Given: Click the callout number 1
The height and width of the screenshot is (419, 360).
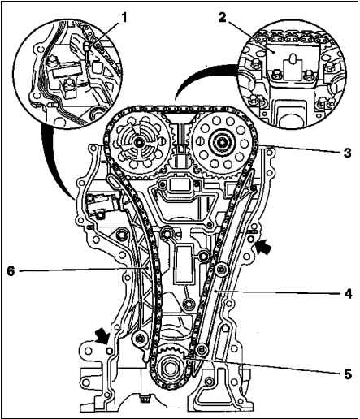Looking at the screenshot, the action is [124, 18].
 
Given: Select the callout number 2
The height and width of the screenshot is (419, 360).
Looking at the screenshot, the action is [222, 18].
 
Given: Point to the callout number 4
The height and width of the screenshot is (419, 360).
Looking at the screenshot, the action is [348, 293].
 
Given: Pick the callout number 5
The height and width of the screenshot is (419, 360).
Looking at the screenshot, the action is [348, 374].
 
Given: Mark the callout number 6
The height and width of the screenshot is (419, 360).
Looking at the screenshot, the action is [11, 271].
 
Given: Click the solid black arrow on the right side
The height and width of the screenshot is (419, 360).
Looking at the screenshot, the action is [263, 247].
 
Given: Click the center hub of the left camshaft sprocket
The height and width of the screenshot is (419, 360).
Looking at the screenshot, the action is [139, 141].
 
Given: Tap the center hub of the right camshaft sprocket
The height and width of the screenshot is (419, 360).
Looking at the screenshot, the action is [221, 141].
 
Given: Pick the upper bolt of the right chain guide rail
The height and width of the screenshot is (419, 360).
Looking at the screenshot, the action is [222, 270].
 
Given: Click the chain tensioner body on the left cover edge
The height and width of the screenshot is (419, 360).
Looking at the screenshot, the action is [102, 203].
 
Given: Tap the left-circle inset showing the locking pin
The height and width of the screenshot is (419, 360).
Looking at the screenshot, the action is [67, 73].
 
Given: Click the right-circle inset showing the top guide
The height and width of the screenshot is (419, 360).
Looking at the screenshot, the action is [292, 76].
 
